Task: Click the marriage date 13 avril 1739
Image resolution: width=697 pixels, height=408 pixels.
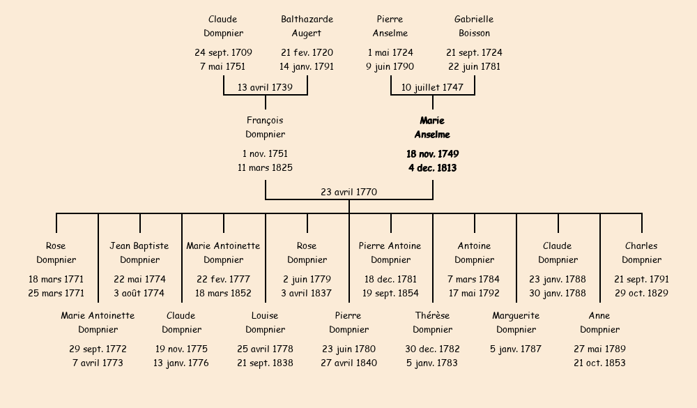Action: coord(265,87)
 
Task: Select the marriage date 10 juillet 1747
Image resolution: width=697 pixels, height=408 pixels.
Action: coord(432,87)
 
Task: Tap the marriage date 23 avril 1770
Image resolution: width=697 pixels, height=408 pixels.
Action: coord(349,192)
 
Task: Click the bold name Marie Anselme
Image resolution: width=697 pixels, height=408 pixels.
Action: coord(432,128)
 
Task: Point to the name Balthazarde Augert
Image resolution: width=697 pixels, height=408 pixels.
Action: coord(307,26)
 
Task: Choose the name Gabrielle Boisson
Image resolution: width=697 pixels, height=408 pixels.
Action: coord(474,26)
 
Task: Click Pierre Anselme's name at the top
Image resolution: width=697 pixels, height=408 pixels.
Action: coord(390,26)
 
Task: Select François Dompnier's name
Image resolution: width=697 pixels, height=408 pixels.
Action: coord(265,128)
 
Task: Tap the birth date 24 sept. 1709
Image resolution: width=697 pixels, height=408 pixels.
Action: coord(223,52)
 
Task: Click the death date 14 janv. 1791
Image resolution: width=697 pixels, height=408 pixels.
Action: coord(307,67)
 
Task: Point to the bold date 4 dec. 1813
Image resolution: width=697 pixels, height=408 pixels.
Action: coord(432,168)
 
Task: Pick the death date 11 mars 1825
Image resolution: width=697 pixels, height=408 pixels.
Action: coord(265,168)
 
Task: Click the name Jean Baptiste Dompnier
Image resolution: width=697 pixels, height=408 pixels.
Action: coord(139,252)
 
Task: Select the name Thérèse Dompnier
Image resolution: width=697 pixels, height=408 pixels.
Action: coord(432,322)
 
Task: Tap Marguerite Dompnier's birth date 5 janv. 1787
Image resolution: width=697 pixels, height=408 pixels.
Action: coord(516,349)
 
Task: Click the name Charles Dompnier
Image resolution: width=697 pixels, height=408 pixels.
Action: coord(641,252)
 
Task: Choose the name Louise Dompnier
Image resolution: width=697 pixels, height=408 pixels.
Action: coord(265,322)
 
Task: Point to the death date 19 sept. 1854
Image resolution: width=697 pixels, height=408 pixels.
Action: coord(390,293)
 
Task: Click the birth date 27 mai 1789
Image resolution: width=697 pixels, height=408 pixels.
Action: coord(599,349)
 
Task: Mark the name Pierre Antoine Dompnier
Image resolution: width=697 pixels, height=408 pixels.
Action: coord(390,252)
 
